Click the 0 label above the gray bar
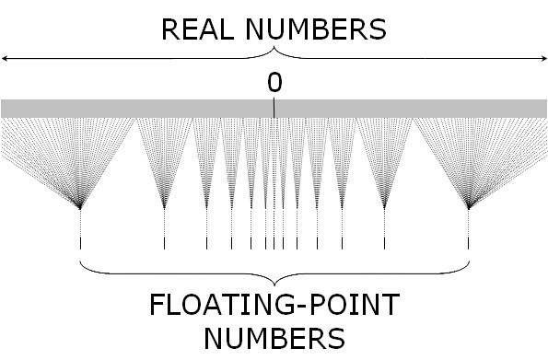tap(274, 83)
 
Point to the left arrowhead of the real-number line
tap(5, 58)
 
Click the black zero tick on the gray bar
tap(274, 109)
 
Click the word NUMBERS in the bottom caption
tap(274, 338)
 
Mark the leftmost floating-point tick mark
tap(81, 244)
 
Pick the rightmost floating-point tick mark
tap(469, 244)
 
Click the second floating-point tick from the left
tap(164, 244)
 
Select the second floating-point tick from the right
tap(384, 244)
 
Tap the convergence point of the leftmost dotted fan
tap(81, 208)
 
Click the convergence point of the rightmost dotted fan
tap(469, 208)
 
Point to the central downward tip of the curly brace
tap(274, 285)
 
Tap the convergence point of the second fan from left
tap(164, 208)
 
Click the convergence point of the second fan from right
tap(384, 208)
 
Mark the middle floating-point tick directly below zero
tap(274, 244)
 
